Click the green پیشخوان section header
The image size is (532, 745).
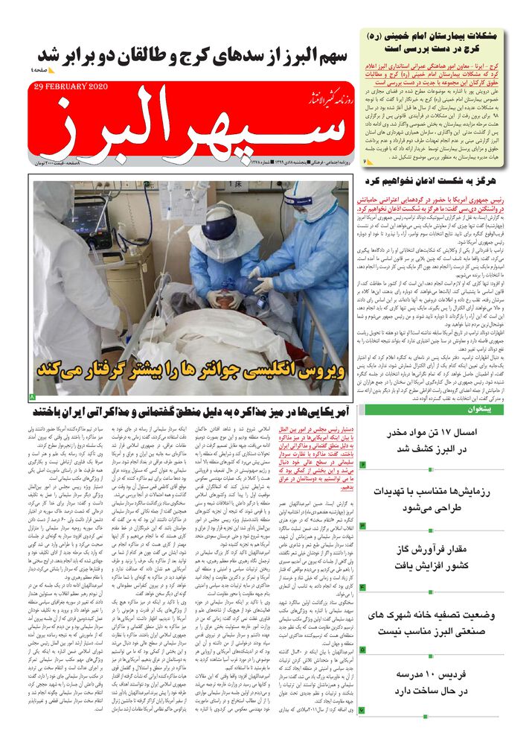444,410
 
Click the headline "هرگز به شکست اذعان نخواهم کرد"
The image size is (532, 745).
444,181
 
